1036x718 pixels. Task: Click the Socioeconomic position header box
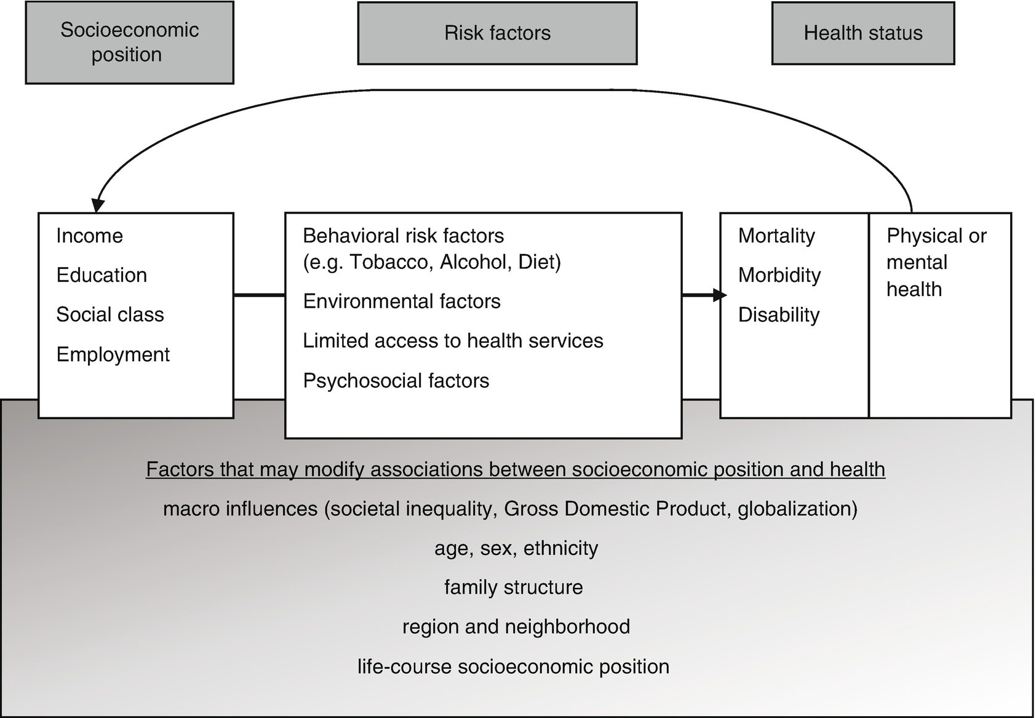pyautogui.click(x=129, y=42)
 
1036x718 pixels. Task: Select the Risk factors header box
pyautogui.click(x=497, y=33)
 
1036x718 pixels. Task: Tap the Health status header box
pyautogui.click(x=863, y=33)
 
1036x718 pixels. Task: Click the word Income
pyautogui.click(x=89, y=236)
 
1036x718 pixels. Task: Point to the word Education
pyautogui.click(x=102, y=275)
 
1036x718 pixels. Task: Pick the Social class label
pyautogui.click(x=110, y=314)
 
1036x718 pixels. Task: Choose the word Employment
pyautogui.click(x=113, y=354)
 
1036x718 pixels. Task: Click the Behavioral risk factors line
pyautogui.click(x=403, y=236)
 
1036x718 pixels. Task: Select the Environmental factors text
pyautogui.click(x=402, y=301)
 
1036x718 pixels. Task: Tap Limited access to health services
pyautogui.click(x=453, y=341)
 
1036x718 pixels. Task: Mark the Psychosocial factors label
pyautogui.click(x=396, y=381)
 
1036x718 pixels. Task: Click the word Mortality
pyautogui.click(x=776, y=236)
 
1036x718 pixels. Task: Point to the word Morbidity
pyautogui.click(x=779, y=275)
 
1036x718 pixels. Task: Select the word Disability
pyautogui.click(x=779, y=314)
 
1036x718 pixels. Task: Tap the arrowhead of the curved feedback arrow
pyautogui.click(x=97, y=205)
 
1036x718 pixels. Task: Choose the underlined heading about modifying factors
pyautogui.click(x=516, y=469)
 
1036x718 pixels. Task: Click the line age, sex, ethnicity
pyautogui.click(x=516, y=548)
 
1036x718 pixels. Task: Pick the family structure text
pyautogui.click(x=513, y=588)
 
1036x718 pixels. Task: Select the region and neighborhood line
pyautogui.click(x=516, y=627)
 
